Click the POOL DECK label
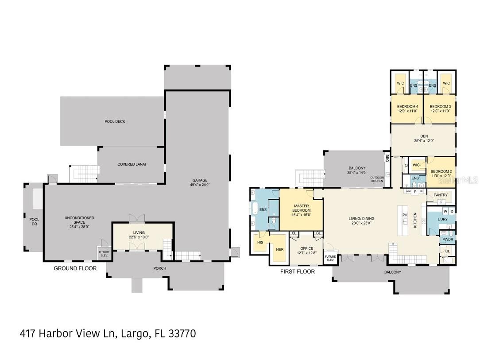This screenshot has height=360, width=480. [115, 121]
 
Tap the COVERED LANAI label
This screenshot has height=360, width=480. [132, 164]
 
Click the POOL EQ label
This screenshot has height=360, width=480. [34, 222]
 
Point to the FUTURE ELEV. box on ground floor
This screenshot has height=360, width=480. [104, 253]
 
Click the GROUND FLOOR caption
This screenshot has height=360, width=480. [75, 268]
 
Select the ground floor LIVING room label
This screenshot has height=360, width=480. [139, 232]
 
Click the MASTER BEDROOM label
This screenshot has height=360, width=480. [302, 208]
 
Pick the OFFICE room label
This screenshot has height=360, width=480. [306, 248]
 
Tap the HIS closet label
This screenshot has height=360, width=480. [260, 242]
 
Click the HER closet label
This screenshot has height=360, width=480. [280, 249]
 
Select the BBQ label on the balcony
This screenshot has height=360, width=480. [387, 157]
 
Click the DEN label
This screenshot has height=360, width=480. [424, 136]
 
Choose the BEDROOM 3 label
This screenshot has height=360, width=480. [440, 106]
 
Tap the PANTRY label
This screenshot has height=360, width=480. [441, 195]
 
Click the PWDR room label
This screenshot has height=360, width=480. [447, 239]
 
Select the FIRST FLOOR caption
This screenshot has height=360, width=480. [297, 271]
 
